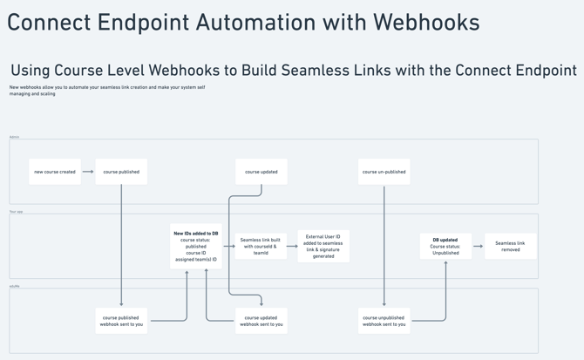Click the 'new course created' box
[x=55, y=172]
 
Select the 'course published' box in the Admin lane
[x=121, y=172]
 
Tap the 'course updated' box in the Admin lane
[x=261, y=172]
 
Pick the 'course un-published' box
[x=384, y=172]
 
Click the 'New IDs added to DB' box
[x=196, y=246]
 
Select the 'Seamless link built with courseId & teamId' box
[x=261, y=246]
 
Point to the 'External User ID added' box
[x=323, y=246]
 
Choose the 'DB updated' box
[x=445, y=246]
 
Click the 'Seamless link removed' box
[x=510, y=246]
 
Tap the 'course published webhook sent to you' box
[x=121, y=321]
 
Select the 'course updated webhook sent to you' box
[x=261, y=321]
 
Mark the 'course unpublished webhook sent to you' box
[x=384, y=321]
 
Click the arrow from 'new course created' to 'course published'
[x=88, y=172]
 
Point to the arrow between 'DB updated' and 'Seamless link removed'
[x=478, y=246]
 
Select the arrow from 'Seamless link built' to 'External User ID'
[x=292, y=246]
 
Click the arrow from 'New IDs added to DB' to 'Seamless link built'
[x=229, y=246]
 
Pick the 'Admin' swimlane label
[x=14, y=137]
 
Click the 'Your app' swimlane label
[x=16, y=212]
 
